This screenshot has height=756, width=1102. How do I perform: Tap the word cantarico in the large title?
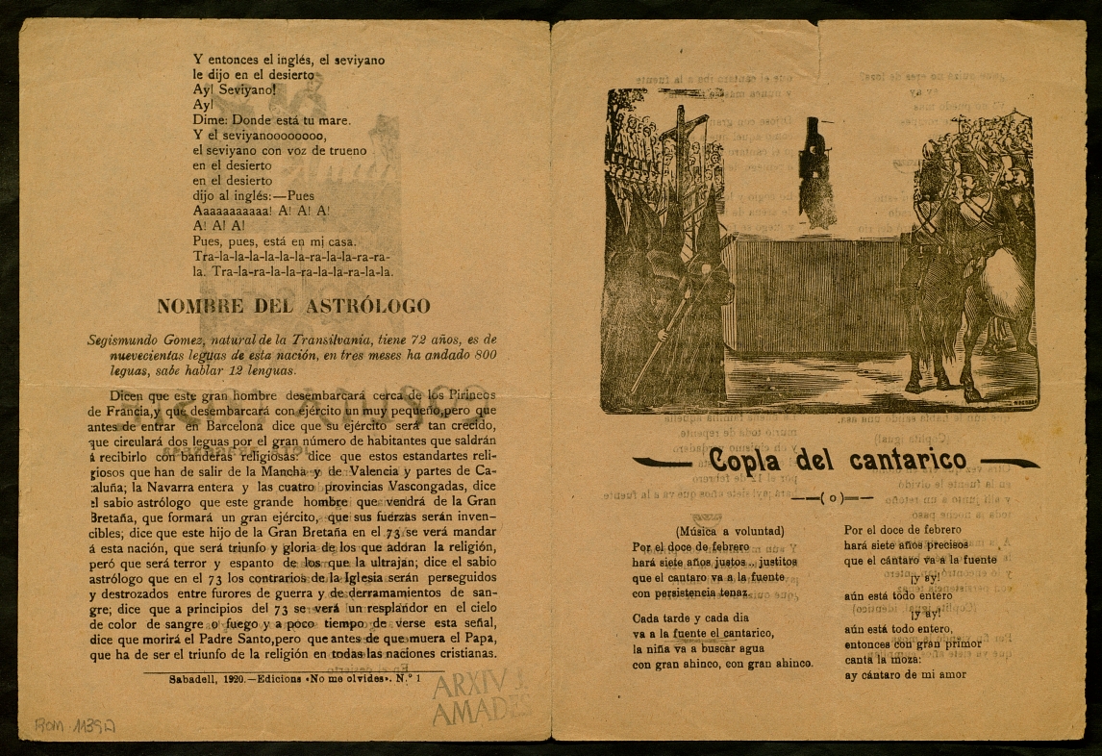pyautogui.click(x=889, y=463)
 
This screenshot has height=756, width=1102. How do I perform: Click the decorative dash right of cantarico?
pyautogui.click(x=1008, y=464)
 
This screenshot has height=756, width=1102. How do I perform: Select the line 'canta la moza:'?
pyautogui.click(x=882, y=659)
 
